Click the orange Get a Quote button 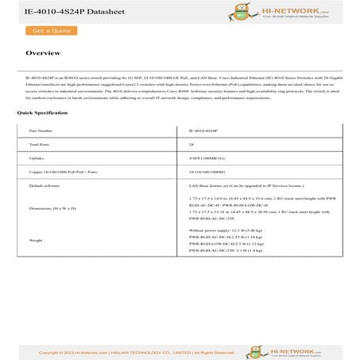click(x=48, y=31)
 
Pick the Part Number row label click(x=41, y=130)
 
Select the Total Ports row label click(x=40, y=144)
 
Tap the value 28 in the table click(x=191, y=144)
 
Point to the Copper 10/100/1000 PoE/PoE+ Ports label click(x=63, y=171)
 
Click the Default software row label click(x=45, y=184)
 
